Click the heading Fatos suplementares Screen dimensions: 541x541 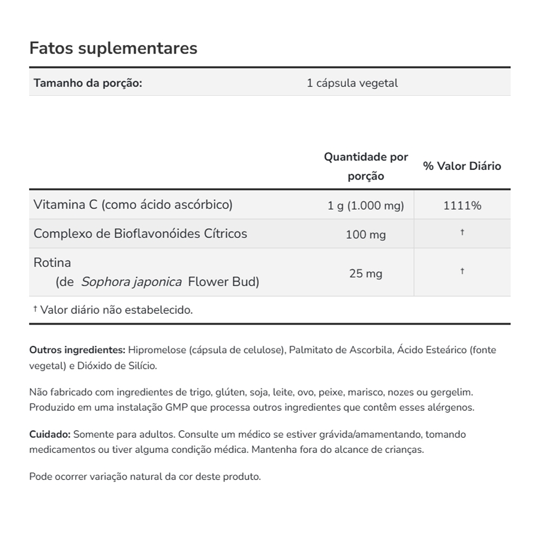[113, 48]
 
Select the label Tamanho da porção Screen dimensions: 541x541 [88, 83]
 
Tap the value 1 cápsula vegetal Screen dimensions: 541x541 [352, 83]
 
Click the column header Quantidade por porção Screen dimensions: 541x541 [366, 167]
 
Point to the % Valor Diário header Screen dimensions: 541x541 [462, 167]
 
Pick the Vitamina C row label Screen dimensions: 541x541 [133, 204]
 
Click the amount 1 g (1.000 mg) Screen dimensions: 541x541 [366, 206]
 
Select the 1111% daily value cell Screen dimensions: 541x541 [462, 206]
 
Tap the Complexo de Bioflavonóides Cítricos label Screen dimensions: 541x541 [140, 234]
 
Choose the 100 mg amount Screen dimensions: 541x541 [366, 235]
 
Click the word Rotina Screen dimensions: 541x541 [52, 263]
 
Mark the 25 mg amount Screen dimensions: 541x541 [366, 274]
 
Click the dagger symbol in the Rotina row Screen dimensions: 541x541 [462, 271]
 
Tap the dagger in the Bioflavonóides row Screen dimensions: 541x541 [462, 232]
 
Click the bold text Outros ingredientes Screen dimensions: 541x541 [77, 350]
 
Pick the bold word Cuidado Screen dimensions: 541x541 [49, 434]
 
